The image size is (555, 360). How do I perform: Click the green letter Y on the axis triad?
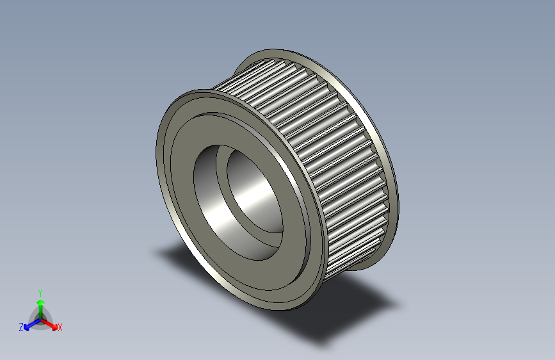(40, 293)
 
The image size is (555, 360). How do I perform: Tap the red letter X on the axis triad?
(60, 328)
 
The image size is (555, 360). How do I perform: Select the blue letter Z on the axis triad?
(21, 327)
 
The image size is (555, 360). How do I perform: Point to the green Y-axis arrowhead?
(41, 303)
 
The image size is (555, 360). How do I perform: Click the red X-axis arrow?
(49, 324)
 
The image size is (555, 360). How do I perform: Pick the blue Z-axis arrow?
(33, 324)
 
